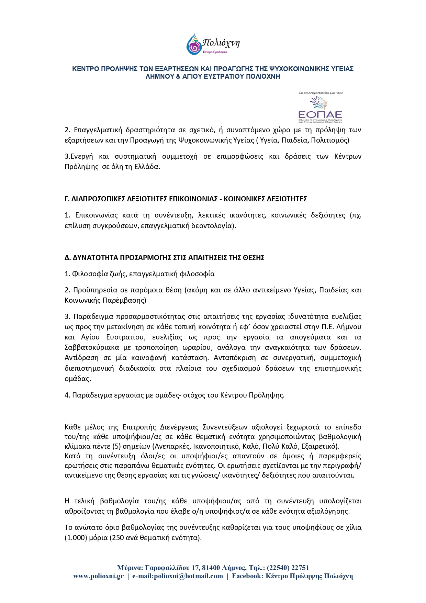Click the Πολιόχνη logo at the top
[x=213, y=44]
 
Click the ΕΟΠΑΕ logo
[x=320, y=107]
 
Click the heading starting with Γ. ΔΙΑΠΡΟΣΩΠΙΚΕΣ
[x=186, y=199]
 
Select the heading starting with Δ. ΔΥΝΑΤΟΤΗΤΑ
[x=164, y=258]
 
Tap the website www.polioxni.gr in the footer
[x=98, y=576]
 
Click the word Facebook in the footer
[x=246, y=576]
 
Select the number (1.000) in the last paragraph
[x=75, y=538]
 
